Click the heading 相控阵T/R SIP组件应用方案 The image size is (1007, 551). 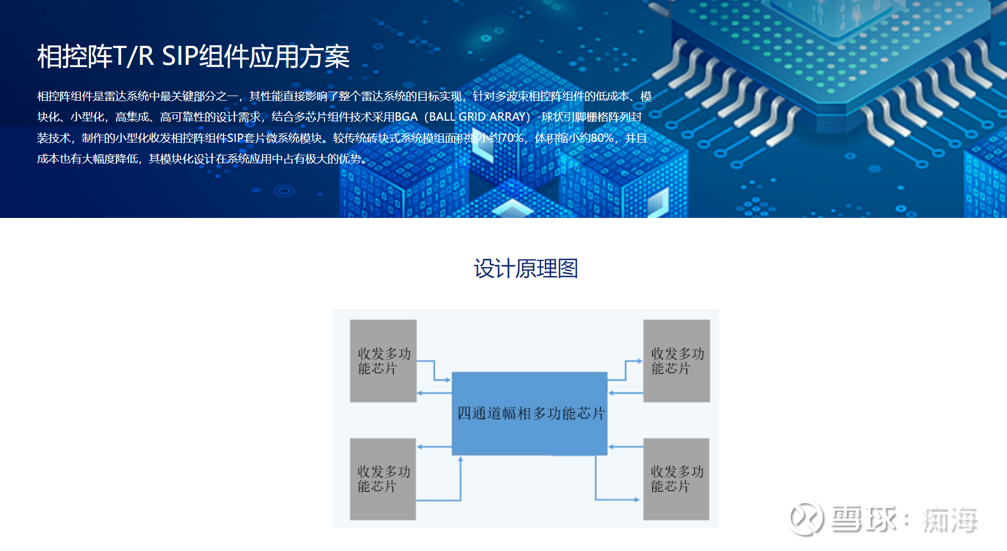tap(193, 56)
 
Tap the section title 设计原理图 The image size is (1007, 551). tap(526, 269)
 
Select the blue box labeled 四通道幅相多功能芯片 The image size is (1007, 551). tap(529, 414)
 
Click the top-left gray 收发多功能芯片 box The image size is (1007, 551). tap(383, 361)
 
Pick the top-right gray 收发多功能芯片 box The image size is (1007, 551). tap(676, 361)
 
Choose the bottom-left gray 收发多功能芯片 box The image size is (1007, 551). tap(383, 479)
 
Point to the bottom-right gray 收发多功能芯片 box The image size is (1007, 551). tap(676, 479)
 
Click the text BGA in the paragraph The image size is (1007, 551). tap(406, 117)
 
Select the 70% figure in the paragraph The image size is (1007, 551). tap(512, 138)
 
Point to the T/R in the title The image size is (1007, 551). tap(133, 56)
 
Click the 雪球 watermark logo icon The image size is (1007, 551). tap(806, 519)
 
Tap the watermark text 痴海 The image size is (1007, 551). tap(950, 520)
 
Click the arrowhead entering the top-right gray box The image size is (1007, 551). tap(640, 362)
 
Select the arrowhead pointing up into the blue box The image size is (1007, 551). tap(461, 459)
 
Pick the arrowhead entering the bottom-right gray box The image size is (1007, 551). tap(637, 500)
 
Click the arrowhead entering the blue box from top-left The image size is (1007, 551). tap(448, 381)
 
